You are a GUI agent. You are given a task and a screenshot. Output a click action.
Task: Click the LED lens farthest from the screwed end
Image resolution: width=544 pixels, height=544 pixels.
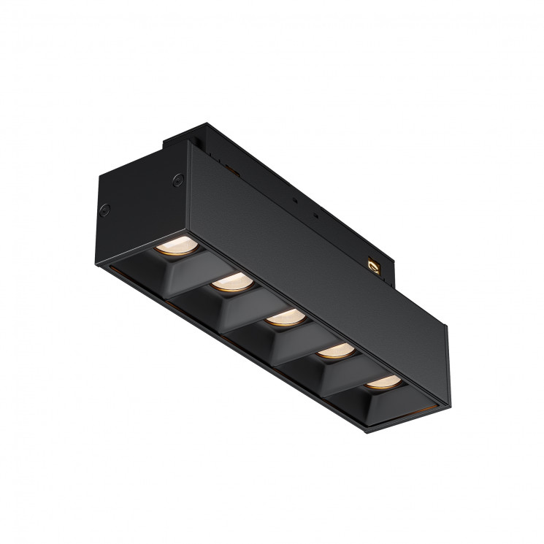[x=383, y=382]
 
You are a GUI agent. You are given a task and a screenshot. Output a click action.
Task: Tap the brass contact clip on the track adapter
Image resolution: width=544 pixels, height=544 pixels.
[x=375, y=267]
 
